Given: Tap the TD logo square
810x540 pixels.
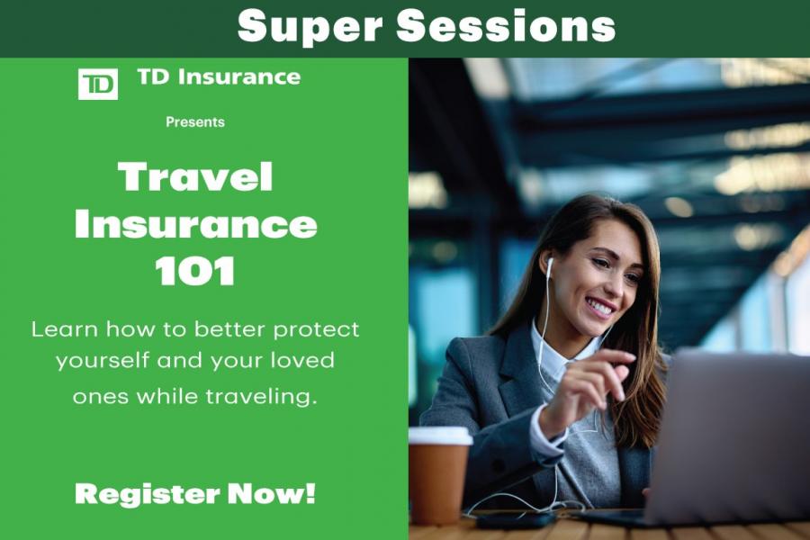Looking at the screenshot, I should (97, 84).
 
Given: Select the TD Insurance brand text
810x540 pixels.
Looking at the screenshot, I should (219, 77).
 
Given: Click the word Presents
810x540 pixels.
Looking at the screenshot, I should (195, 122).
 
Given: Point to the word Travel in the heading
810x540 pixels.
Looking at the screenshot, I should (195, 177).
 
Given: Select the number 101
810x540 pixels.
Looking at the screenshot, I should (195, 272).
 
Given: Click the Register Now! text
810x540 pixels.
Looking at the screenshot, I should (195, 493).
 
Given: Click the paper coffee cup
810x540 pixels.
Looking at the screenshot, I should (439, 477).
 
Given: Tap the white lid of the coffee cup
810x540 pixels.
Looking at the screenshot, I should (440, 436).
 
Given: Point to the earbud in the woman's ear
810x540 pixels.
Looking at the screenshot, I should (549, 264).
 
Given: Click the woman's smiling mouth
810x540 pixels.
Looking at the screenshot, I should (600, 308).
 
